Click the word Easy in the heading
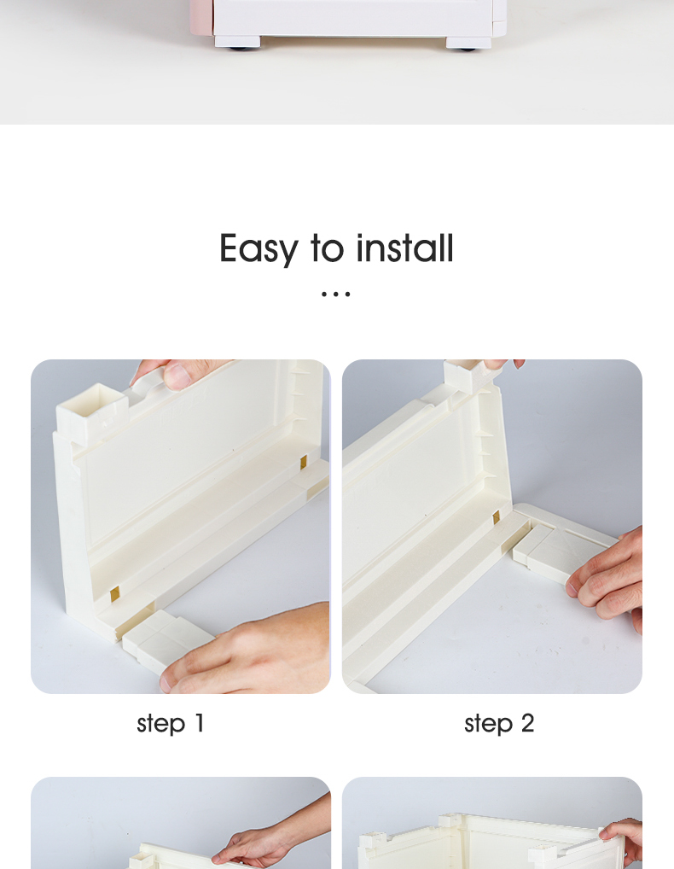click(259, 249)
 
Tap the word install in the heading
click(405, 248)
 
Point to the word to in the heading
click(328, 248)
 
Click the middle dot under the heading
click(336, 295)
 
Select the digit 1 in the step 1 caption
click(200, 723)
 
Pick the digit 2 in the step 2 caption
click(527, 723)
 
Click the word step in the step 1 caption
click(160, 725)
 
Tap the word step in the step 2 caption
click(488, 725)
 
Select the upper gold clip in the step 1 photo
click(304, 463)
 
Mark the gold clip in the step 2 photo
click(497, 518)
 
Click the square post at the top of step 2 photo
click(463, 375)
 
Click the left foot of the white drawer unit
click(237, 42)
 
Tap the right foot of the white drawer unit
click(468, 44)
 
